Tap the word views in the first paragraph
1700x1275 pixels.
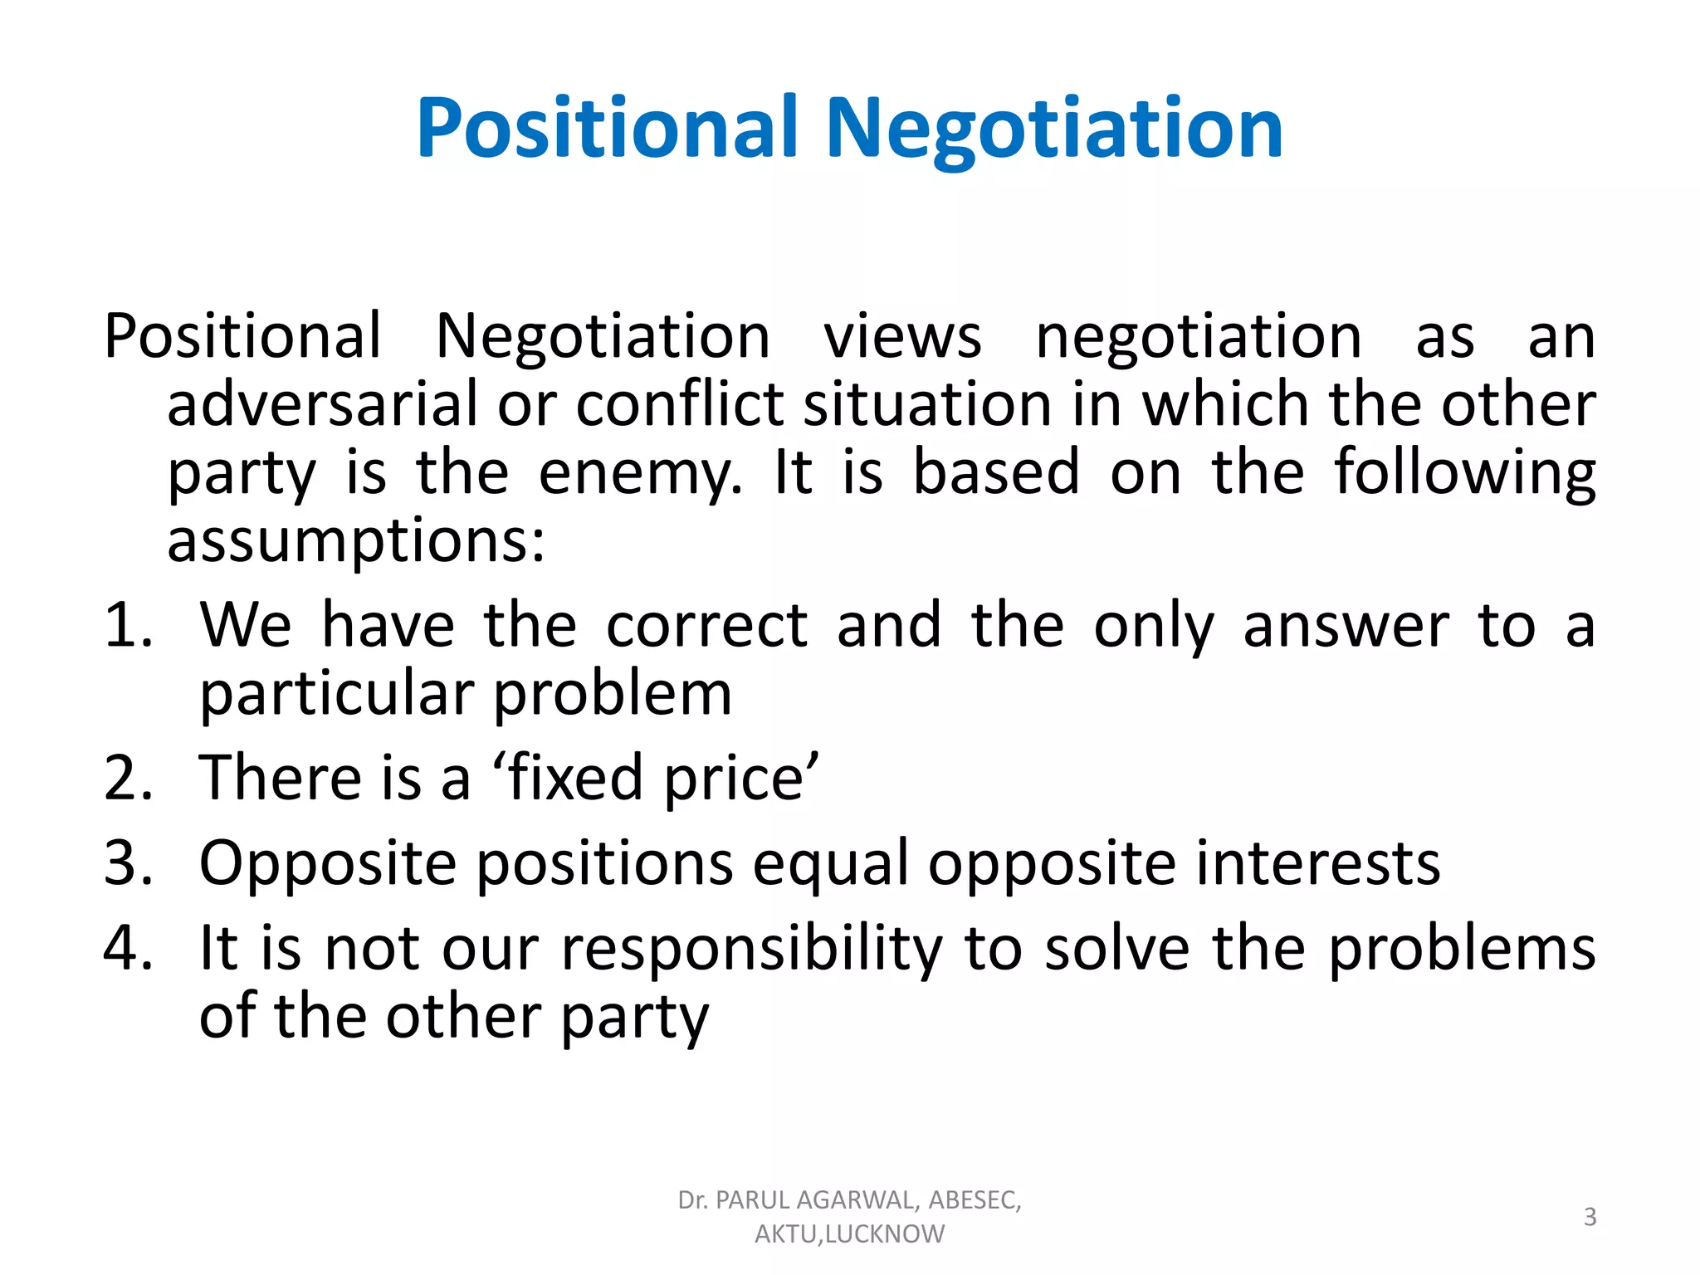coord(902,337)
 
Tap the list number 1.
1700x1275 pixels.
coord(128,625)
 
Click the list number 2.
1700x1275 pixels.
coord(128,778)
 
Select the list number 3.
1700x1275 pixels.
coord(128,863)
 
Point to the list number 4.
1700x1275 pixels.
coord(128,948)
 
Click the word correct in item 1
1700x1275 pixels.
coord(706,625)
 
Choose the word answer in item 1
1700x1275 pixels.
coord(1346,625)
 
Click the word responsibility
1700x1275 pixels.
coord(752,950)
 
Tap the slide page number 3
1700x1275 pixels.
coord(1590,1217)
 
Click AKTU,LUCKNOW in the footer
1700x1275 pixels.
coord(849,1234)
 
